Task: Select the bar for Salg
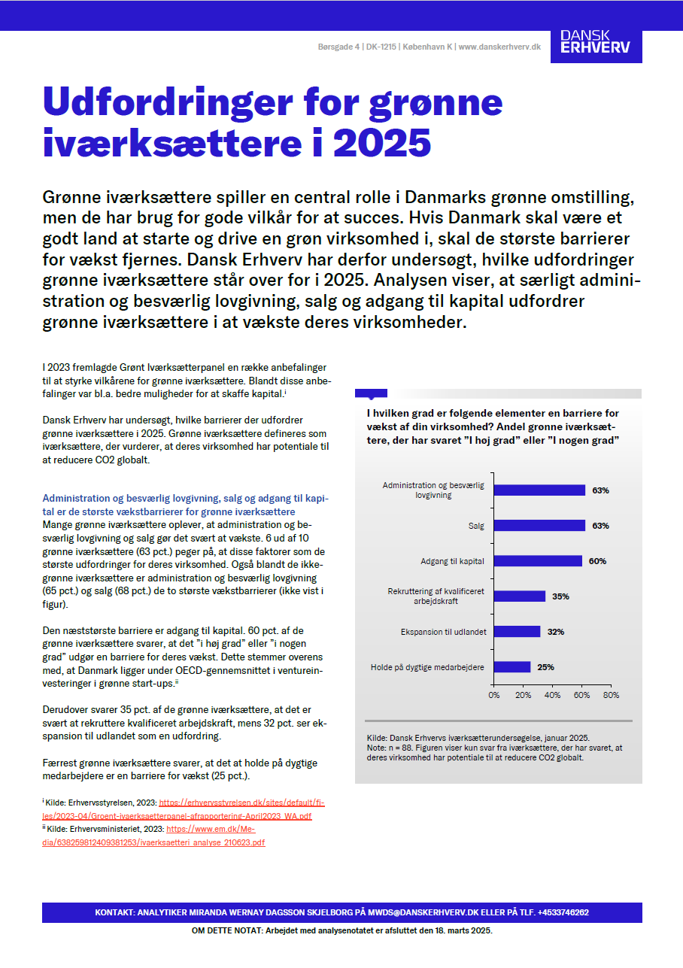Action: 539,526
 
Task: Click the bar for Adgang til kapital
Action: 538,561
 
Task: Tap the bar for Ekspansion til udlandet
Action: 518,632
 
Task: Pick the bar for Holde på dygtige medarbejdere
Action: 512,667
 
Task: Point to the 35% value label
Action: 560,596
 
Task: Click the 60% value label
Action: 597,561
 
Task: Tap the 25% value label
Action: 545,667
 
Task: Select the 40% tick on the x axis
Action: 553,695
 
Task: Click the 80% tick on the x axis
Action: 611,695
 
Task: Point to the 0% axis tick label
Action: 494,695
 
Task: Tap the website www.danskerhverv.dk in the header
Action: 499,47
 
